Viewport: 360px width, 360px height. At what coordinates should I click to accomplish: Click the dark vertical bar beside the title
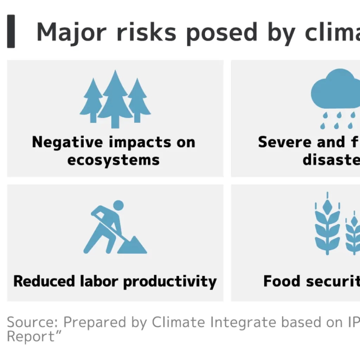tap(11, 31)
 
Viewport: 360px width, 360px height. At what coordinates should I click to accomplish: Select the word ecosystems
tap(113, 160)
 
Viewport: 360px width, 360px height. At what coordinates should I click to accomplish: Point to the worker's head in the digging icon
tap(118, 205)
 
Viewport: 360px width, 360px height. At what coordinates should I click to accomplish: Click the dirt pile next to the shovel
tap(133, 245)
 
